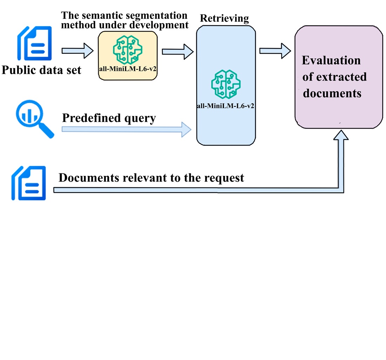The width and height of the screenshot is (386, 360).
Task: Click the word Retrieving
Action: tap(225, 19)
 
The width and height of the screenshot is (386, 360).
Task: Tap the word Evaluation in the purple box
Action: tap(331, 60)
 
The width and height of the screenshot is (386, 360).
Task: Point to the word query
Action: tap(140, 119)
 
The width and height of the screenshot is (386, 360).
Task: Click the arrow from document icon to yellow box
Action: tap(77, 51)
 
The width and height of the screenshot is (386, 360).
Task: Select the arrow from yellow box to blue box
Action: tap(178, 52)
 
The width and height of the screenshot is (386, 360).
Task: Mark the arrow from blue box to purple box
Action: tap(275, 51)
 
